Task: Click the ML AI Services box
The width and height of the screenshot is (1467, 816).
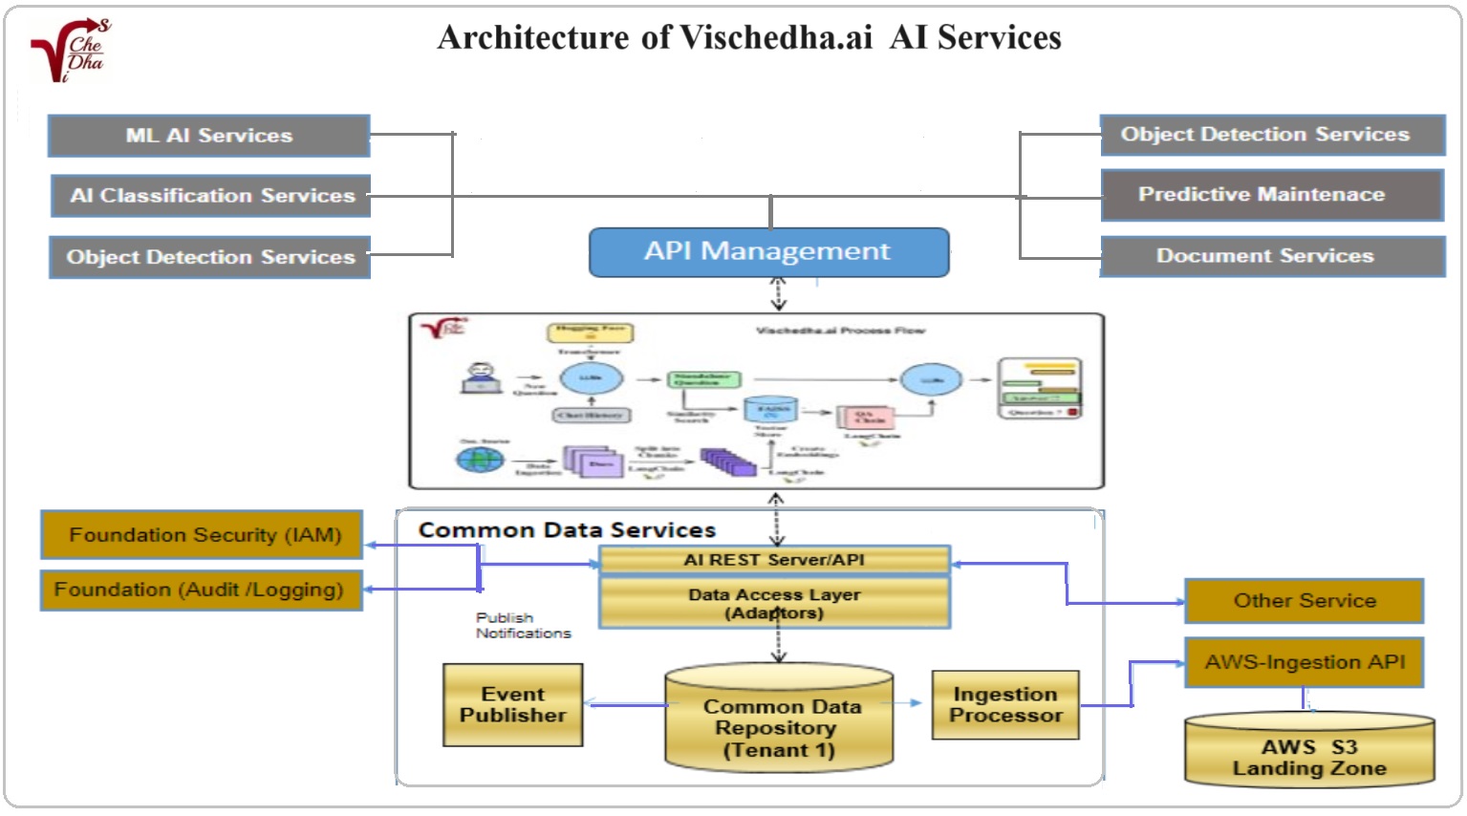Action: tap(208, 136)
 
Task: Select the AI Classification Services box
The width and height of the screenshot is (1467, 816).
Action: tap(211, 196)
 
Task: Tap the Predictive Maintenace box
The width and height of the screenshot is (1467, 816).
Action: tap(1271, 195)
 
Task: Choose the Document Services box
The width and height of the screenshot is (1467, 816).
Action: tap(1272, 256)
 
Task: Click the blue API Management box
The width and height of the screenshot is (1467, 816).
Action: tap(768, 252)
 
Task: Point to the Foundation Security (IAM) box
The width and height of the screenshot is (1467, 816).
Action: tap(203, 535)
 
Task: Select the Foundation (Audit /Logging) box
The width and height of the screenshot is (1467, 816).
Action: tap(201, 590)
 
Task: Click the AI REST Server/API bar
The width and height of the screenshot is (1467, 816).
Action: tap(774, 560)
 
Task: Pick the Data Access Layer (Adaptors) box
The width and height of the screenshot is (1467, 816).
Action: tap(774, 603)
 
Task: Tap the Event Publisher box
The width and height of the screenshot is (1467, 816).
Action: tap(512, 705)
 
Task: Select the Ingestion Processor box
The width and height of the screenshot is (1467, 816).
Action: tap(1005, 705)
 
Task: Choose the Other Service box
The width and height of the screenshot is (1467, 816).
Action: tap(1304, 601)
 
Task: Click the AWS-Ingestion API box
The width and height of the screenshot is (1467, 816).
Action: tap(1304, 662)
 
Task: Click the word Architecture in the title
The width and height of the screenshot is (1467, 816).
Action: tap(533, 38)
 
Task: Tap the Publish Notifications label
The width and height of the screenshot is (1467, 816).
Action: tap(522, 626)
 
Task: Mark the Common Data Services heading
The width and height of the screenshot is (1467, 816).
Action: tap(567, 530)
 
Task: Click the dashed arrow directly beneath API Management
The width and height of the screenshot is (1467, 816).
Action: tap(778, 293)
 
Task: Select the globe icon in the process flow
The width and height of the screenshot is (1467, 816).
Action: tap(480, 459)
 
